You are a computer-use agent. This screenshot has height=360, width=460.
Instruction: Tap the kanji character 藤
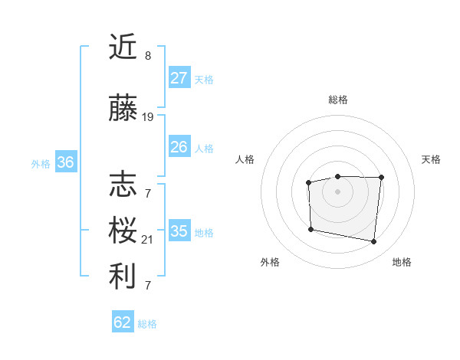(123, 110)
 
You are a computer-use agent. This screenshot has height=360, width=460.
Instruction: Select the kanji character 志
(123, 185)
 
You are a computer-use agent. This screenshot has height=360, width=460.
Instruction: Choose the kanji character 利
(123, 277)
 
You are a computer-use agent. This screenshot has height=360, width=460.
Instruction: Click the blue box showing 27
(179, 78)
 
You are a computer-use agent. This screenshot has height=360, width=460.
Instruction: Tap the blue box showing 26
(179, 147)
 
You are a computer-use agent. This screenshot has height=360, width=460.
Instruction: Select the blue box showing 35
(179, 231)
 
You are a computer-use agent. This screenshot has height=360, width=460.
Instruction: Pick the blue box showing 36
(65, 162)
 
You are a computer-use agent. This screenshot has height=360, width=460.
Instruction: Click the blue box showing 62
(123, 322)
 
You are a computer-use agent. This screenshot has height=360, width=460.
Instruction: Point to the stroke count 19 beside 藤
(148, 117)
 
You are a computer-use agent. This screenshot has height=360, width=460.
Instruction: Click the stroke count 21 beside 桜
(148, 240)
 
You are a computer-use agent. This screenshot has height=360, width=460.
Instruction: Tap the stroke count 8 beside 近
(148, 56)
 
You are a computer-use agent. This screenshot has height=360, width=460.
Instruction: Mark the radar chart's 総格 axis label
(337, 100)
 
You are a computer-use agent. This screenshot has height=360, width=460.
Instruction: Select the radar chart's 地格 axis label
(402, 262)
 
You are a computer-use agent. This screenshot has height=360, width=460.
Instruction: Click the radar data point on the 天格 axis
(381, 178)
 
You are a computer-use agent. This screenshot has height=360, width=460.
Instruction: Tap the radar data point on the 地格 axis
(373, 242)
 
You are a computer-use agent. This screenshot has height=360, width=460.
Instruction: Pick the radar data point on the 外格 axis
(310, 229)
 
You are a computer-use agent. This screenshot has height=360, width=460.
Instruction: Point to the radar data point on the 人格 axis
(308, 182)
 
